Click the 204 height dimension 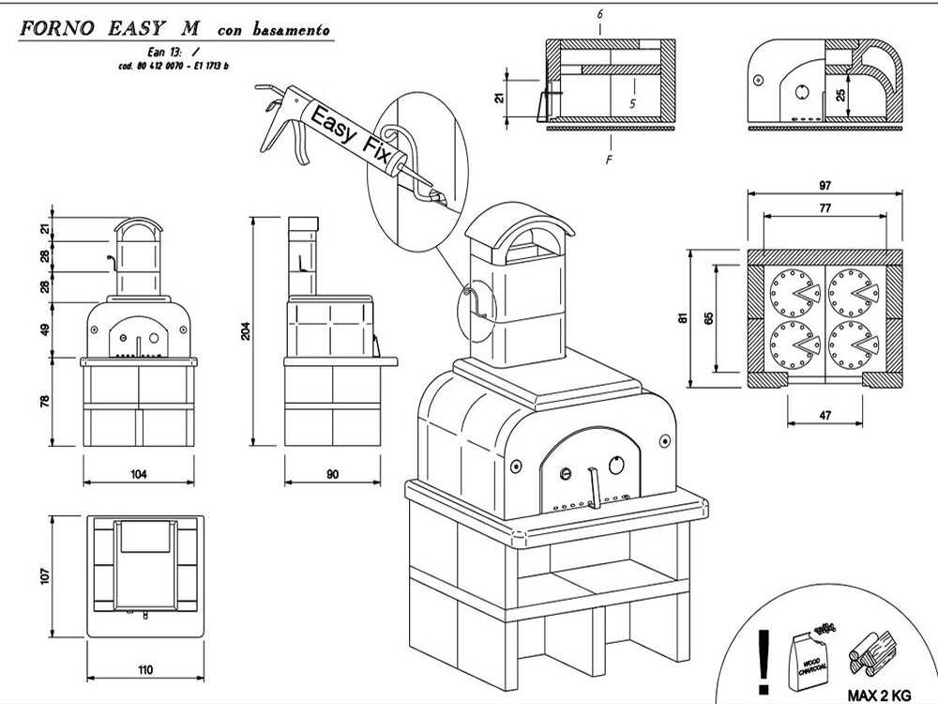click(x=246, y=330)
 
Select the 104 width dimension click(x=139, y=475)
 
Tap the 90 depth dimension click(x=332, y=475)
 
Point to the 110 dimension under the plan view click(x=144, y=670)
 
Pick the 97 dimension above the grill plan click(x=825, y=186)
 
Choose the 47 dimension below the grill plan click(x=825, y=414)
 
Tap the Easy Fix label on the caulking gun click(x=348, y=135)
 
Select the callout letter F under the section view click(x=609, y=160)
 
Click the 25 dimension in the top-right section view click(x=840, y=95)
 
